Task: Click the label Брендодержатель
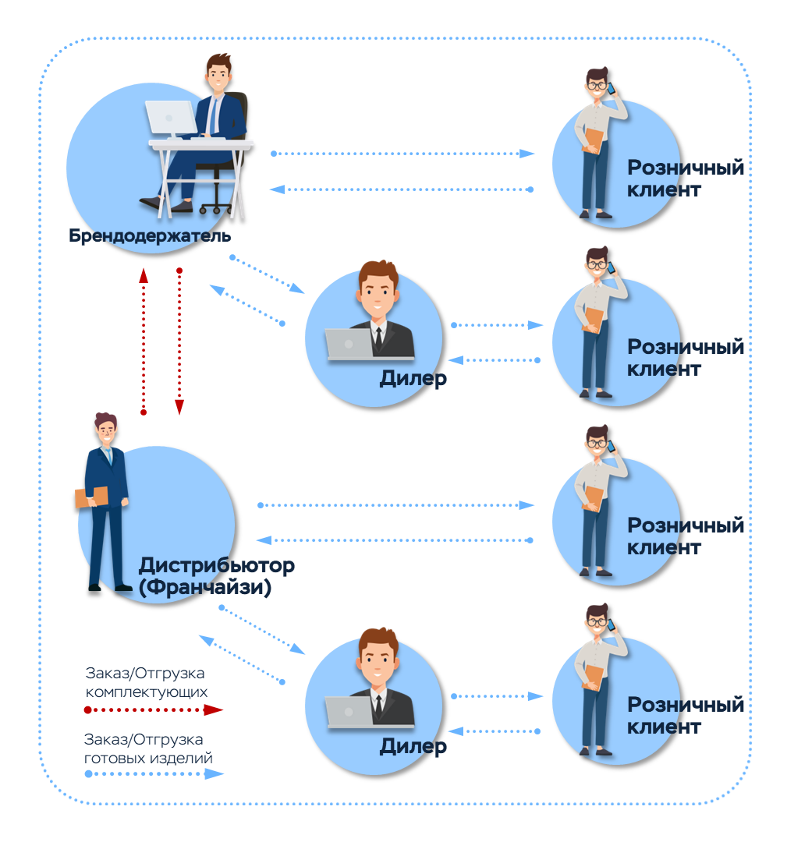150,235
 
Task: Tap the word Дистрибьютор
217,565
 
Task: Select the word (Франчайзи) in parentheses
204,587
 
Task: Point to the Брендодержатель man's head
218,73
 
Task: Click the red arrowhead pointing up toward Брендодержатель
144,275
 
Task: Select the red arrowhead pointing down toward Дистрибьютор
179,407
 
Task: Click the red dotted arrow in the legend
153,710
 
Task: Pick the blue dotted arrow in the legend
154,774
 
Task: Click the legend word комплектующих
146,692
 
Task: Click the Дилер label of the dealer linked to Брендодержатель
413,379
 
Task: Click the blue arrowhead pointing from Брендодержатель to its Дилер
298,288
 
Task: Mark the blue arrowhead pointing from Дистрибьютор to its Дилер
298,649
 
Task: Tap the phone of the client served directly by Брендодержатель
611,87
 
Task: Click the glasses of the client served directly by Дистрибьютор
596,443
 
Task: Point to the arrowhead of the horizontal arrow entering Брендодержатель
277,189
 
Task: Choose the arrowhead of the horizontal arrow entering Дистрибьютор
264,540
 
